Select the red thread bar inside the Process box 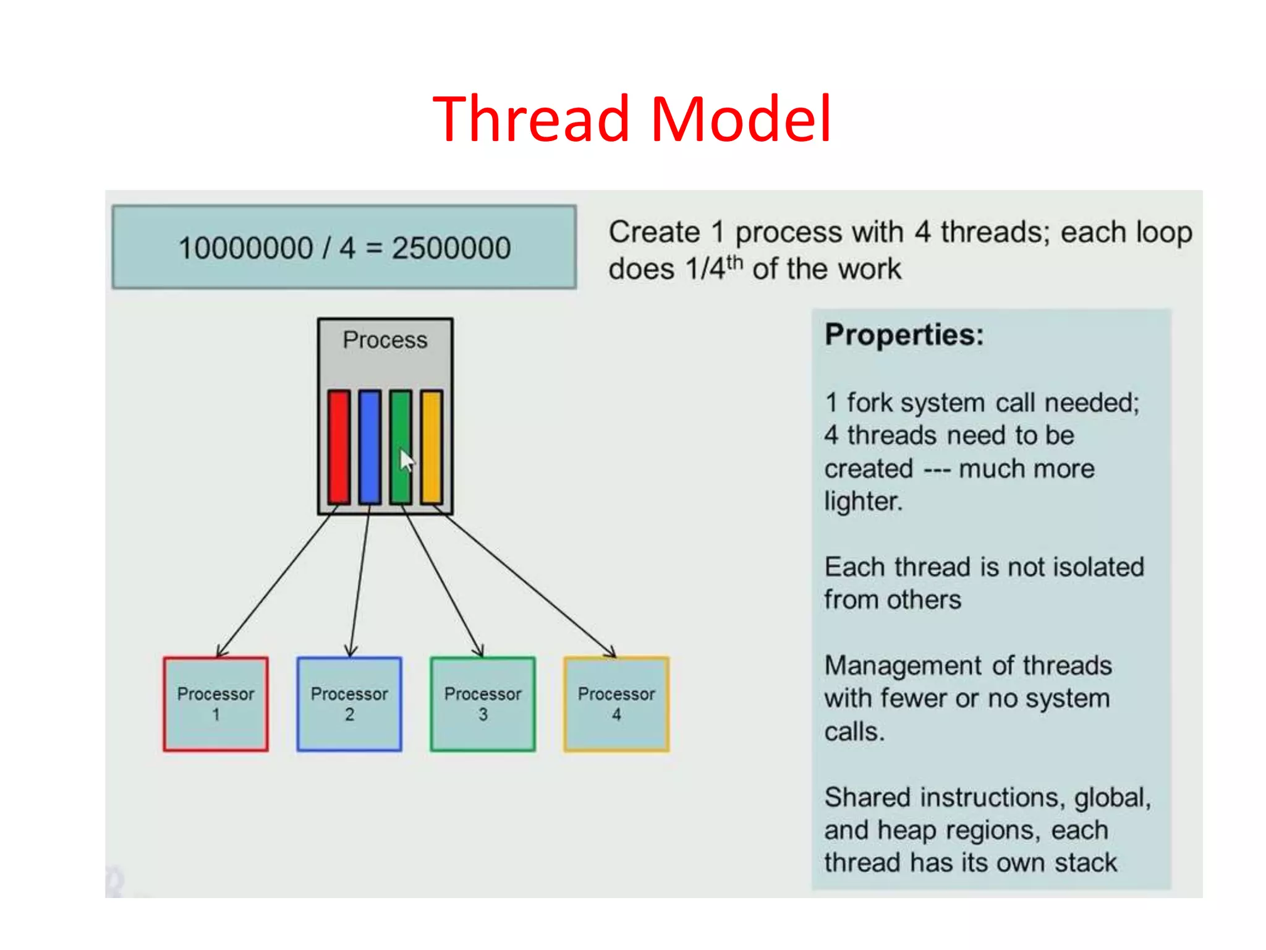pos(339,447)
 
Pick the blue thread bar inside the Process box pos(370,447)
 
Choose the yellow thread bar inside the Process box pos(431,447)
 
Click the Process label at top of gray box pos(385,340)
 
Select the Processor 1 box pos(216,704)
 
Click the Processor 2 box pos(349,704)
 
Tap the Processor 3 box pos(483,704)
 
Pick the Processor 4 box pos(616,704)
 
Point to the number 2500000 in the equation pos(451,249)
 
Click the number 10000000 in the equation pos(245,249)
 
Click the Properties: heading pos(904,335)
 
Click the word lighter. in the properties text pos(863,501)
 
